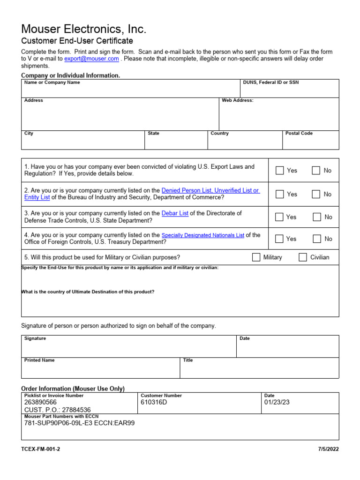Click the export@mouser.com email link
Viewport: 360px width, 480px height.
coord(91,59)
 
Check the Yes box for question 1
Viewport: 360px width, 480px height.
coord(280,171)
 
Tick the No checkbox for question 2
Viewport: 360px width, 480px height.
coord(316,194)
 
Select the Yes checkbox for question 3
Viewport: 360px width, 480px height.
coord(279,217)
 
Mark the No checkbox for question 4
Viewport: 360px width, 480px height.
coord(317,239)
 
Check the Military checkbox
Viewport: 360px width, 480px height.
coord(256,257)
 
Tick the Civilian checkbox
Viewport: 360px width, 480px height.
coord(303,257)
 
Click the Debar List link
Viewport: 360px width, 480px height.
coord(175,213)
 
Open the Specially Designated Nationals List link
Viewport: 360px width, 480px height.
coord(202,235)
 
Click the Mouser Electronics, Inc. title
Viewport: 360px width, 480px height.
coord(84,30)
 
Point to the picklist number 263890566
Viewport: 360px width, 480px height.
coord(40,402)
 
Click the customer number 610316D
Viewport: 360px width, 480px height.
coord(154,402)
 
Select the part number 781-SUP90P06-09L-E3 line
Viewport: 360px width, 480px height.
coord(79,423)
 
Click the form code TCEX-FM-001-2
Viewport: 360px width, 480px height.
coord(41,449)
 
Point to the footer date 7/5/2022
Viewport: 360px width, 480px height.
coord(328,449)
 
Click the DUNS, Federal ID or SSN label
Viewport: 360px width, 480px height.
coord(270,82)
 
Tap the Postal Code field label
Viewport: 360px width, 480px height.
coord(299,134)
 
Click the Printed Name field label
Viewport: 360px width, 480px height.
coord(39,360)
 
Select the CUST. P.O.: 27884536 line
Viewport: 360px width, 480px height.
coord(58,410)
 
